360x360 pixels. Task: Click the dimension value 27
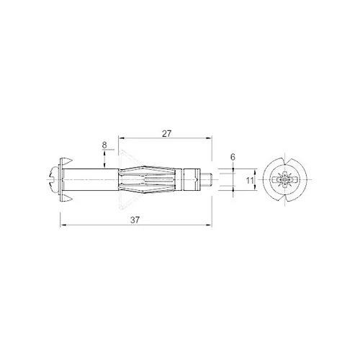[x=166, y=134]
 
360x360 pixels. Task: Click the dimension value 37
[x=135, y=220]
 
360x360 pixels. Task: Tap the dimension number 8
[x=104, y=145]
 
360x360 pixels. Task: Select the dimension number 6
[x=233, y=157]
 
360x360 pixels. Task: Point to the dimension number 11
[x=250, y=180]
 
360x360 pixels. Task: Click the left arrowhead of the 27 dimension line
[x=122, y=138]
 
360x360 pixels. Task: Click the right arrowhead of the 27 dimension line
[x=209, y=138]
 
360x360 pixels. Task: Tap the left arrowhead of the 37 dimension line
[x=63, y=225]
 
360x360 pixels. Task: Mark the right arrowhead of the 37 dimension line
[x=209, y=225]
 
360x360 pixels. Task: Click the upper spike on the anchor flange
[x=68, y=161]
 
